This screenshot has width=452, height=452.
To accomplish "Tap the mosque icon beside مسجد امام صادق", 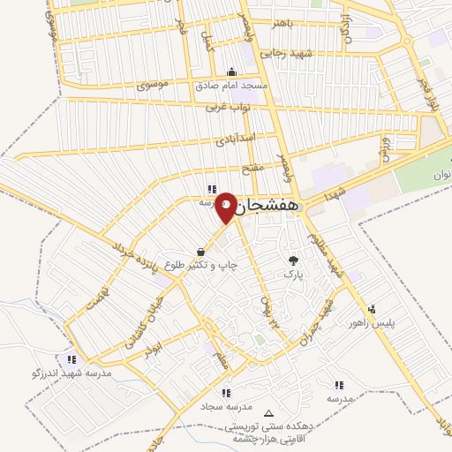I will pyautogui.click(x=232, y=72).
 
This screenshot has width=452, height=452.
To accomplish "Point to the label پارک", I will pyautogui.click(x=293, y=274).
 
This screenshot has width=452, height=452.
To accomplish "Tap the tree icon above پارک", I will pyautogui.click(x=293, y=260).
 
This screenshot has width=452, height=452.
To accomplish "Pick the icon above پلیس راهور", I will pyautogui.click(x=373, y=309).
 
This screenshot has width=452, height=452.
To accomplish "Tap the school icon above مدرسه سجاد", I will pyautogui.click(x=227, y=393).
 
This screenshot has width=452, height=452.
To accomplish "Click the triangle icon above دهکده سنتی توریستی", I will pyautogui.click(x=269, y=413).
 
